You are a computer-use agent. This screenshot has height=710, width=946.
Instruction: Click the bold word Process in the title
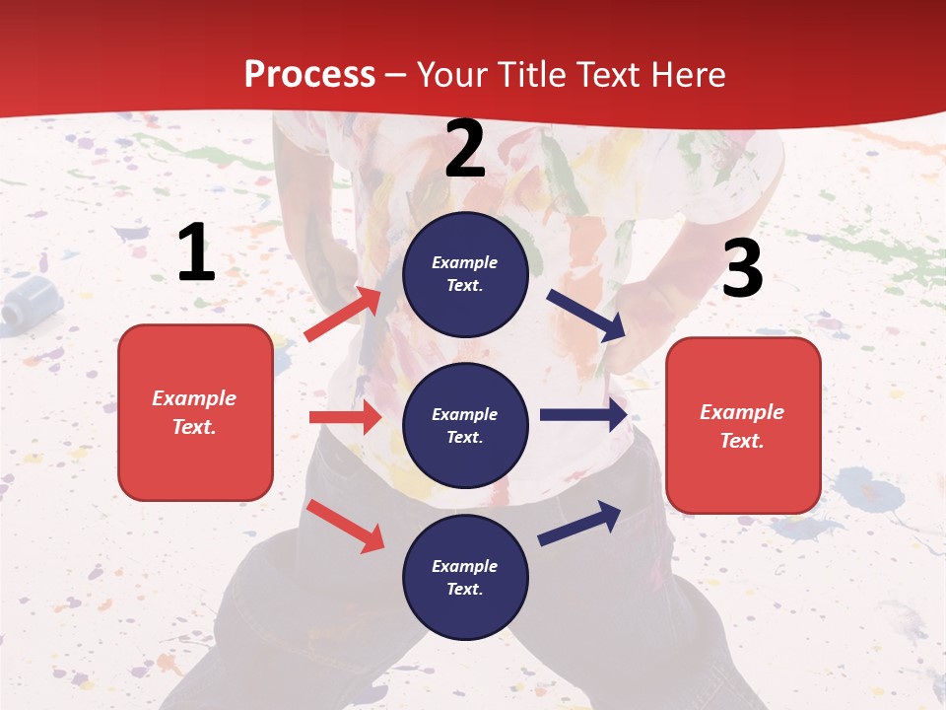(x=309, y=74)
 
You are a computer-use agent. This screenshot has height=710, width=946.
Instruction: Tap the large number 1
(x=196, y=253)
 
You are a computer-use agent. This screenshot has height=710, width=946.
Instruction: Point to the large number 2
(x=465, y=149)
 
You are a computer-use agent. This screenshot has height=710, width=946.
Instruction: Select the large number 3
(x=742, y=269)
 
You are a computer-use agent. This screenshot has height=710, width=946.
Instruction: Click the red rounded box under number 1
(x=195, y=412)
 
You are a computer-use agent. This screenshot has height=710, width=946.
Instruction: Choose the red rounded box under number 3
(x=743, y=426)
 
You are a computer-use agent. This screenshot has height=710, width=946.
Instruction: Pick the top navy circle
(x=465, y=274)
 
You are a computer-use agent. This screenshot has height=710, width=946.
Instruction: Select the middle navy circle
(x=465, y=426)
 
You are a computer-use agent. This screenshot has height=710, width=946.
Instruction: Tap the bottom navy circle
(x=465, y=578)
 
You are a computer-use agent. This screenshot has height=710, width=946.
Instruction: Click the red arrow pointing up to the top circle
(x=343, y=314)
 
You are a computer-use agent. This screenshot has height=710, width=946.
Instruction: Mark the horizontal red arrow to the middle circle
(x=345, y=417)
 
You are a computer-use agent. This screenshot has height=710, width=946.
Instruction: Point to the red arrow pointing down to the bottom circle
(x=346, y=526)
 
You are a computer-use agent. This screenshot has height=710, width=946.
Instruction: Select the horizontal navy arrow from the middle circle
(x=583, y=414)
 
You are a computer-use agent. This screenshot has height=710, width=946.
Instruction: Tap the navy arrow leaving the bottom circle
(x=580, y=523)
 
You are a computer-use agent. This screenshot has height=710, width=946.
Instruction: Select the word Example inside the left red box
(x=194, y=398)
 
